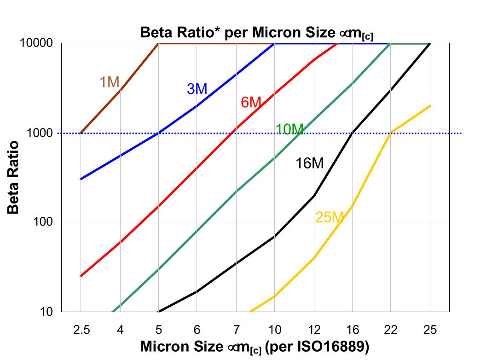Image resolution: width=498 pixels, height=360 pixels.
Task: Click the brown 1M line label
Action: click(110, 82)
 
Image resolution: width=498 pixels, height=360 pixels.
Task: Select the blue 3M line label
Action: click(197, 89)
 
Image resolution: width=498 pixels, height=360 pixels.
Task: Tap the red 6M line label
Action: click(251, 102)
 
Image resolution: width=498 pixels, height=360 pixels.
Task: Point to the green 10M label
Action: click(290, 130)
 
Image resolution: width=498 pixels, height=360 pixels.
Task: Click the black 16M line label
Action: click(310, 163)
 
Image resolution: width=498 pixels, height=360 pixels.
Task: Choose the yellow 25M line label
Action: click(330, 217)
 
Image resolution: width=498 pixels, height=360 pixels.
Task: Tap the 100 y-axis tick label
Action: click(44, 222)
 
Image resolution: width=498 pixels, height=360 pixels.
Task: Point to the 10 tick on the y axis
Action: click(47, 312)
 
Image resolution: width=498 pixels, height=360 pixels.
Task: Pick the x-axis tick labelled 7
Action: click(236, 330)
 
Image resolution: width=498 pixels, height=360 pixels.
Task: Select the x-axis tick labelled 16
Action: click(353, 330)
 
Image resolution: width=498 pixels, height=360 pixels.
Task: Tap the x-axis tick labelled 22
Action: click(391, 330)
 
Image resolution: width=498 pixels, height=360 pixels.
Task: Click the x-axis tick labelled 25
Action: click(430, 330)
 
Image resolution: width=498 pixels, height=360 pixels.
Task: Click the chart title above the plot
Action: click(256, 33)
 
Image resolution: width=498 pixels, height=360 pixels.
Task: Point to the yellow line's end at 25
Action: click(430, 106)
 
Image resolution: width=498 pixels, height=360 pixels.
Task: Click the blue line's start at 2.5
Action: click(81, 179)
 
